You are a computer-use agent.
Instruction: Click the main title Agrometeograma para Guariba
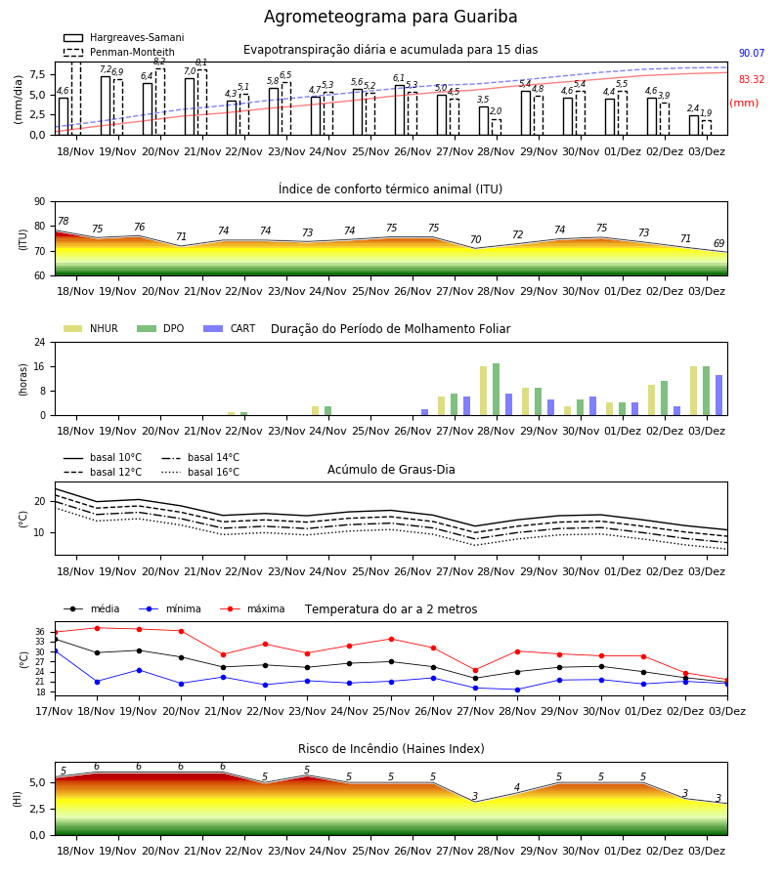pos(390,17)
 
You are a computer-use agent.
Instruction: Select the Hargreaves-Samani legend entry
pos(123,37)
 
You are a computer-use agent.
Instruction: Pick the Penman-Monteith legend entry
pos(119,52)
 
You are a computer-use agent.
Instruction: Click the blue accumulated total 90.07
pos(752,54)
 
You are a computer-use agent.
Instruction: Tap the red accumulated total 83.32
pos(752,80)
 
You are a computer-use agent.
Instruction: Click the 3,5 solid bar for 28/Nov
pos(484,120)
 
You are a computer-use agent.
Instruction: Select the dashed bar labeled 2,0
pos(496,127)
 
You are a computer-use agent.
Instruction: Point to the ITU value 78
pos(64,221)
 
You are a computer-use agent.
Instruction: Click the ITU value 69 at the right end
pos(719,243)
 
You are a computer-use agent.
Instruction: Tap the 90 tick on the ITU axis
pos(40,202)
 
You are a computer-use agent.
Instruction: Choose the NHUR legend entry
pos(91,328)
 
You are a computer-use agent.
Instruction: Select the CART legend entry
pos(230,328)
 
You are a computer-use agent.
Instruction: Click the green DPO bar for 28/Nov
pos(496,390)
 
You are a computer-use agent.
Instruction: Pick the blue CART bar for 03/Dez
pos(719,396)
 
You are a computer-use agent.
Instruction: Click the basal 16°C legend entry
pos(200,472)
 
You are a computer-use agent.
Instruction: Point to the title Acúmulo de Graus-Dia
pos(391,470)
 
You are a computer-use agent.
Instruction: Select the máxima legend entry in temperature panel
pos(252,608)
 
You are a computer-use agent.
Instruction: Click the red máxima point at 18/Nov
pos(97,628)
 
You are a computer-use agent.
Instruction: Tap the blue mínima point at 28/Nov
pos(517,691)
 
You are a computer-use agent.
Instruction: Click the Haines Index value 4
pos(517,787)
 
